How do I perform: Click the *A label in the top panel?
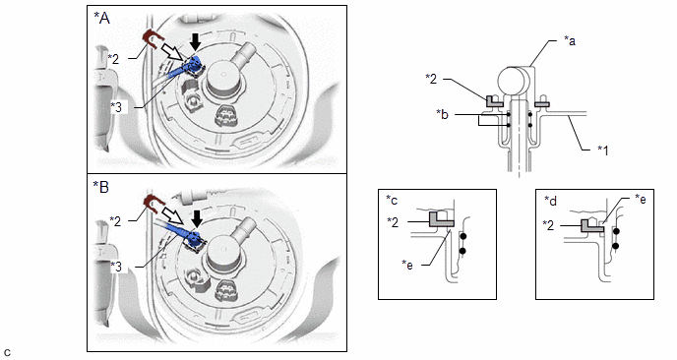point(102,18)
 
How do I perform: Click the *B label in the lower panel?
point(101,187)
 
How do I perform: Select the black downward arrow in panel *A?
point(196,42)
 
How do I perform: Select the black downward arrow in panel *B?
point(197,218)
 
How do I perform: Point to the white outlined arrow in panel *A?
point(172,52)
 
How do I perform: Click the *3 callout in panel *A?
point(116,106)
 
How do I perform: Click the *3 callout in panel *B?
point(116,267)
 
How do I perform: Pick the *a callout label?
point(570,40)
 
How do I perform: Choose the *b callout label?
point(442,114)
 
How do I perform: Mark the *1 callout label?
point(603,150)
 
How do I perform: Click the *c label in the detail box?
point(392,200)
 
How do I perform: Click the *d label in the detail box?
point(550,201)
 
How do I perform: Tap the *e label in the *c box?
point(407,265)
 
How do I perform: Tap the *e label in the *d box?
point(641,199)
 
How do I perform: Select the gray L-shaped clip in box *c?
point(441,218)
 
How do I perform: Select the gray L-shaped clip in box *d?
point(592,225)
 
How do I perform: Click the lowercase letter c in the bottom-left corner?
point(7,352)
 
